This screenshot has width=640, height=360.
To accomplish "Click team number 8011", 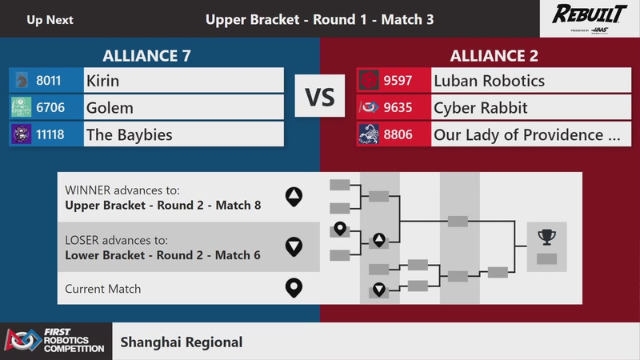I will pyautogui.click(x=49, y=81).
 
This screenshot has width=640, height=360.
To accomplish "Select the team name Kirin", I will pyautogui.click(x=102, y=81).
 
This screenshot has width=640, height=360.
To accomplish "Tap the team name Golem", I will pyautogui.click(x=110, y=107).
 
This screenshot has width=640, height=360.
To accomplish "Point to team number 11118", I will pyautogui.click(x=53, y=134).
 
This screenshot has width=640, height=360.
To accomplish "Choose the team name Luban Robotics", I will pyautogui.click(x=489, y=81).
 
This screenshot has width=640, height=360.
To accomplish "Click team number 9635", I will pyautogui.click(x=398, y=107).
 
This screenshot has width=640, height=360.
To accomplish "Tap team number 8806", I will pyautogui.click(x=398, y=134).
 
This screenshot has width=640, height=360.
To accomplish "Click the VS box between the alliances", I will pyautogui.click(x=320, y=98).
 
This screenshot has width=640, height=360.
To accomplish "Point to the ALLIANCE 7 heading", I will pyautogui.click(x=146, y=56).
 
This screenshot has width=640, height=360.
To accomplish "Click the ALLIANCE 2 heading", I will pyautogui.click(x=494, y=56).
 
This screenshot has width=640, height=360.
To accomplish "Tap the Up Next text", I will pyautogui.click(x=50, y=19).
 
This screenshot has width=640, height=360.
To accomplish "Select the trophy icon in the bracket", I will pyautogui.click(x=547, y=237).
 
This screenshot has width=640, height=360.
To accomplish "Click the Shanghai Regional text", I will pyautogui.click(x=181, y=342).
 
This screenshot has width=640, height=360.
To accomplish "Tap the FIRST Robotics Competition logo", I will pyautogui.click(x=55, y=342).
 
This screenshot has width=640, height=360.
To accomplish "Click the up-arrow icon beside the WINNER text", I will pyautogui.click(x=294, y=194).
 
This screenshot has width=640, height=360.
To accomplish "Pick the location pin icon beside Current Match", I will pyautogui.click(x=294, y=287).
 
